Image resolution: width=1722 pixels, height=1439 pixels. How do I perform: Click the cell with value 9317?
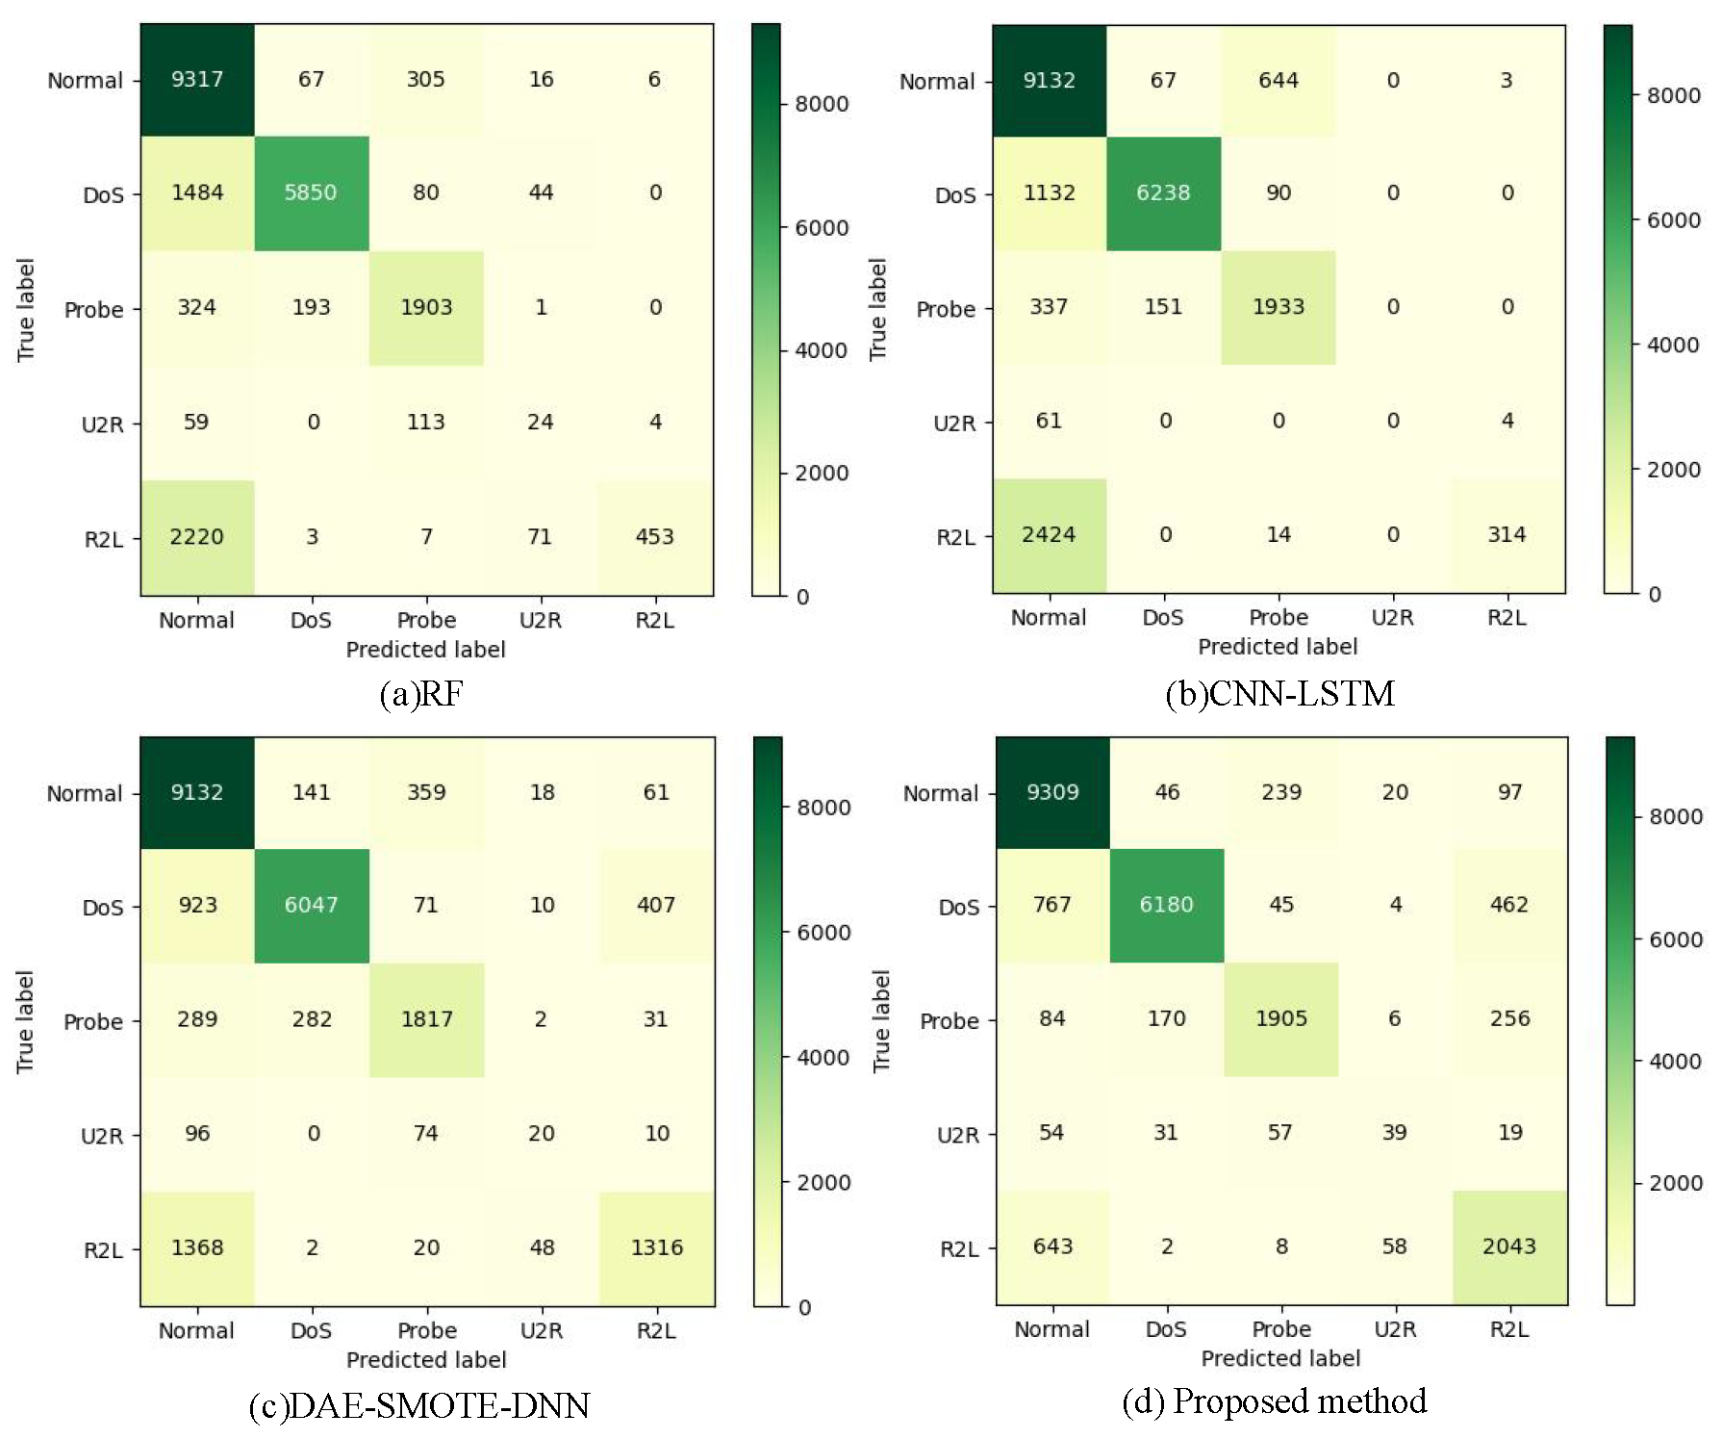(197, 80)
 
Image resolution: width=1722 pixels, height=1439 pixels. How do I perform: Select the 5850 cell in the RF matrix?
(311, 193)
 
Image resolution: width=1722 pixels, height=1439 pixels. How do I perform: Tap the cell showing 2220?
(197, 536)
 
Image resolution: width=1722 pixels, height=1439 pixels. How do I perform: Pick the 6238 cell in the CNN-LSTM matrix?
(1163, 193)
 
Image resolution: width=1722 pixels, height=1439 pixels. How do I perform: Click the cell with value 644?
(1278, 81)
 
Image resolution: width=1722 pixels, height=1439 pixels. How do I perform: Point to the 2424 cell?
(1049, 535)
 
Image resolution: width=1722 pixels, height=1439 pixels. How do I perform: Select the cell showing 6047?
(311, 906)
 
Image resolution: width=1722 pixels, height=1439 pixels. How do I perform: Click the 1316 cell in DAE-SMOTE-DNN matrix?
(657, 1247)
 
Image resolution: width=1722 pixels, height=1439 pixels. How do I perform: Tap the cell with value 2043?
(1509, 1246)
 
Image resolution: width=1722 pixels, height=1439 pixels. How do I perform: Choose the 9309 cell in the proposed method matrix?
(1052, 792)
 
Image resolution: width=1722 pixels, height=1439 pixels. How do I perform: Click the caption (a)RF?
(421, 694)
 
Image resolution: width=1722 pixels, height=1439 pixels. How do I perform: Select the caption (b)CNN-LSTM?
(1279, 694)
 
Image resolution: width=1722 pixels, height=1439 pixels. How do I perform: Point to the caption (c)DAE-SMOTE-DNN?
(419, 1406)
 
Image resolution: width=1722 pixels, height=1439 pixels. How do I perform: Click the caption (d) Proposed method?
(1275, 1401)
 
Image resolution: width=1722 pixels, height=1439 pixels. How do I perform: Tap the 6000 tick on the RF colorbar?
(821, 228)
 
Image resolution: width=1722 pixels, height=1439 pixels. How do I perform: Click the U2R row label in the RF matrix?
(103, 424)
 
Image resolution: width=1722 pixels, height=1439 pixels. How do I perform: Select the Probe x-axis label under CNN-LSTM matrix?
(1278, 618)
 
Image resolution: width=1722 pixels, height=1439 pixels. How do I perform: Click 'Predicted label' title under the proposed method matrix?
(1280, 1358)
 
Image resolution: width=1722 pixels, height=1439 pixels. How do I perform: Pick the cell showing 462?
(1509, 905)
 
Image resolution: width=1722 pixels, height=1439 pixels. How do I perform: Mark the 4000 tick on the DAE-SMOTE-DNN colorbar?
(823, 1058)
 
